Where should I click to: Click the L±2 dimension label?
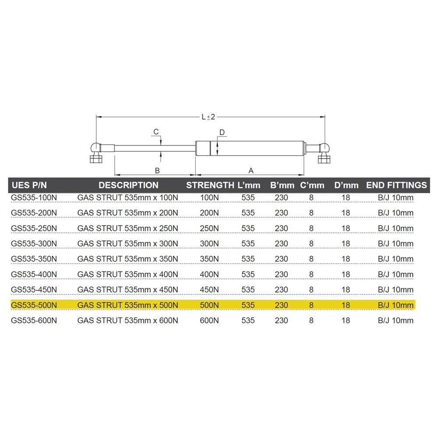208,117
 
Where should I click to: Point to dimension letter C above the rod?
156,131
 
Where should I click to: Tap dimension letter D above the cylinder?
222,132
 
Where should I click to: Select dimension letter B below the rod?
157,170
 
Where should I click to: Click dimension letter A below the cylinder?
251,170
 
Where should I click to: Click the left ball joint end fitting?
96,152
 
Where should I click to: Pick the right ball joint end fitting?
324,153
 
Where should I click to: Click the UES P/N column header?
29,185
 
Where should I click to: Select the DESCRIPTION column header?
128,185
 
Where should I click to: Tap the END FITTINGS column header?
397,185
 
